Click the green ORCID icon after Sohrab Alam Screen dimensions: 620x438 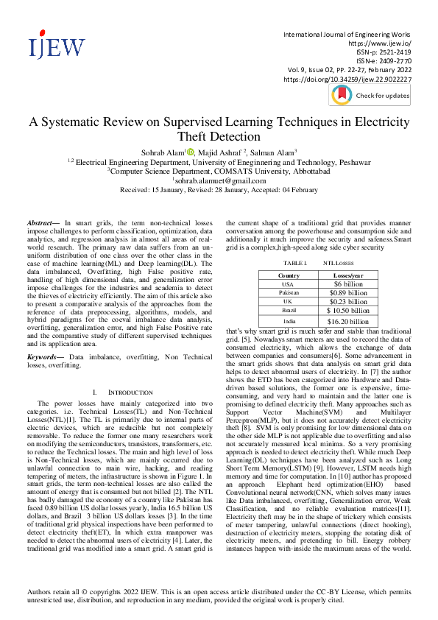point(191,152)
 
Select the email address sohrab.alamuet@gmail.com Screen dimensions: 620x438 point(219,180)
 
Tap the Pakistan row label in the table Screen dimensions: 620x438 point(289,292)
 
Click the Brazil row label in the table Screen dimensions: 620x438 point(289,310)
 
